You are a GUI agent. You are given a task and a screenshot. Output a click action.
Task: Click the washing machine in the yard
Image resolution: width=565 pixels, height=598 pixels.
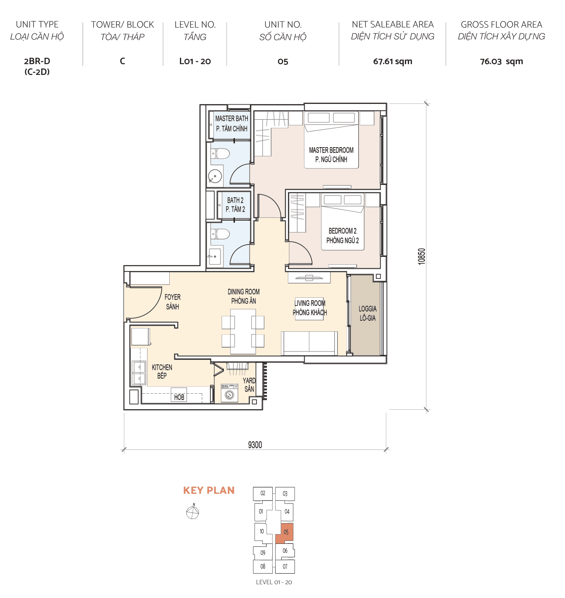click(229, 393)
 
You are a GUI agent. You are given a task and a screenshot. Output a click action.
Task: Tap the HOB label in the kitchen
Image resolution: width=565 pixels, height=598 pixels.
click(179, 397)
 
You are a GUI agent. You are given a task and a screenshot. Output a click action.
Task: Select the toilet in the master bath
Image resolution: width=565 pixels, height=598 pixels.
click(222, 153)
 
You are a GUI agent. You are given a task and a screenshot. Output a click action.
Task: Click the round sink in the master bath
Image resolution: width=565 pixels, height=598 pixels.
click(215, 176)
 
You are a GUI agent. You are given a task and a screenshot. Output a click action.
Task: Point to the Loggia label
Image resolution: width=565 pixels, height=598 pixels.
click(367, 313)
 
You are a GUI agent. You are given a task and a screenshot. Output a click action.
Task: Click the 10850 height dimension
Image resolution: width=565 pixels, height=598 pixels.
click(422, 256)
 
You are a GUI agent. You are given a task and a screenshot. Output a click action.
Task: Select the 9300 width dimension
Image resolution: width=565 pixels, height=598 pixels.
click(255, 445)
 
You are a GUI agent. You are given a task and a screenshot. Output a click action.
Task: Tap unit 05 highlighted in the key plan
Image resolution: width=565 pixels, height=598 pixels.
click(286, 532)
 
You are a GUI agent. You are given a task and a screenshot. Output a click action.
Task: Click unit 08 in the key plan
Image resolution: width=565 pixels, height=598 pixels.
click(263, 566)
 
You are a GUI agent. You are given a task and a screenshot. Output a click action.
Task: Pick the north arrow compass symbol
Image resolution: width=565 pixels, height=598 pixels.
click(193, 512)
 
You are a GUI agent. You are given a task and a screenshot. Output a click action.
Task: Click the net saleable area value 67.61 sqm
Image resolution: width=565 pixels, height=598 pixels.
click(392, 62)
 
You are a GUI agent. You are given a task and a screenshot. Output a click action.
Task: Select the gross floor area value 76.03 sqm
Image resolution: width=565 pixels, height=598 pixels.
click(501, 62)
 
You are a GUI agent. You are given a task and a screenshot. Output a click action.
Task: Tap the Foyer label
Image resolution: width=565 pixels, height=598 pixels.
click(173, 302)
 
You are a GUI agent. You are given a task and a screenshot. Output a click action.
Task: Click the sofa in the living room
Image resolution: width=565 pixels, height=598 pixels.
click(309, 343)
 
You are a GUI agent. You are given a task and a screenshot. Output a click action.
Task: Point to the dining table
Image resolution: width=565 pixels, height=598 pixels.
click(243, 331)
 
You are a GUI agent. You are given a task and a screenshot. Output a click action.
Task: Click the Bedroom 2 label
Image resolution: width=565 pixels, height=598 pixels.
click(342, 236)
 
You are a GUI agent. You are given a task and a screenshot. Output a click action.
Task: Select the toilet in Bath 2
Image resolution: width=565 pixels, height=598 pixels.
click(222, 234)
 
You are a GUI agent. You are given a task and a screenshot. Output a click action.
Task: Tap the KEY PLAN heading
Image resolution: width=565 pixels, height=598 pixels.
click(209, 490)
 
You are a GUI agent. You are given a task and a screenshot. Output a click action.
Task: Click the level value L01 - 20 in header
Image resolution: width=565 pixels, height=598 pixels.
click(195, 62)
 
